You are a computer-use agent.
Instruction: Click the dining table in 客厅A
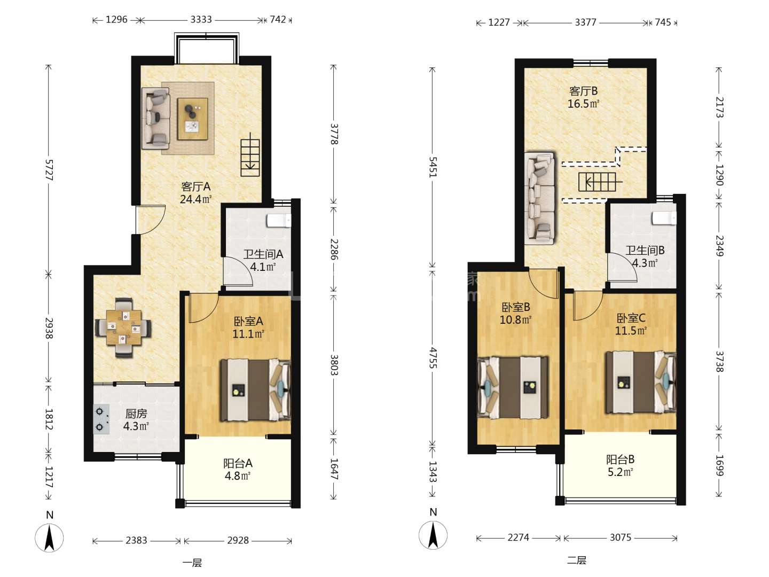click(x=124, y=327)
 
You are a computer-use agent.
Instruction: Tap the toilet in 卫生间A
click(x=279, y=221)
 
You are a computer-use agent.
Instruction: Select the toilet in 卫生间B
click(x=664, y=218)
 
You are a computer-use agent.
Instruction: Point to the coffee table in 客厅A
click(x=192, y=119)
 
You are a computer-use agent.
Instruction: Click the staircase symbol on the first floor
click(x=250, y=154)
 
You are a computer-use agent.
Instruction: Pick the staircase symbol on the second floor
click(x=599, y=182)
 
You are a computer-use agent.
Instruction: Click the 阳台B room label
click(x=621, y=459)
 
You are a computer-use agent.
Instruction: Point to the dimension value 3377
click(x=585, y=23)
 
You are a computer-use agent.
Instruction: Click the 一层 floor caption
click(x=192, y=563)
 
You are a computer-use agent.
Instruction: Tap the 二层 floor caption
click(x=577, y=560)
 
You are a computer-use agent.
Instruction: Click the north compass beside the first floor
click(x=50, y=538)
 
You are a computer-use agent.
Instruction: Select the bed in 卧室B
click(x=513, y=388)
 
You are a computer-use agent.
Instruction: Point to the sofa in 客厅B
click(x=540, y=198)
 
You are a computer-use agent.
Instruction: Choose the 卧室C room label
click(x=631, y=318)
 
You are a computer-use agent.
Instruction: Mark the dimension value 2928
click(x=238, y=540)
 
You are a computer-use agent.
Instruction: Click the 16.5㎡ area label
click(x=583, y=104)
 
